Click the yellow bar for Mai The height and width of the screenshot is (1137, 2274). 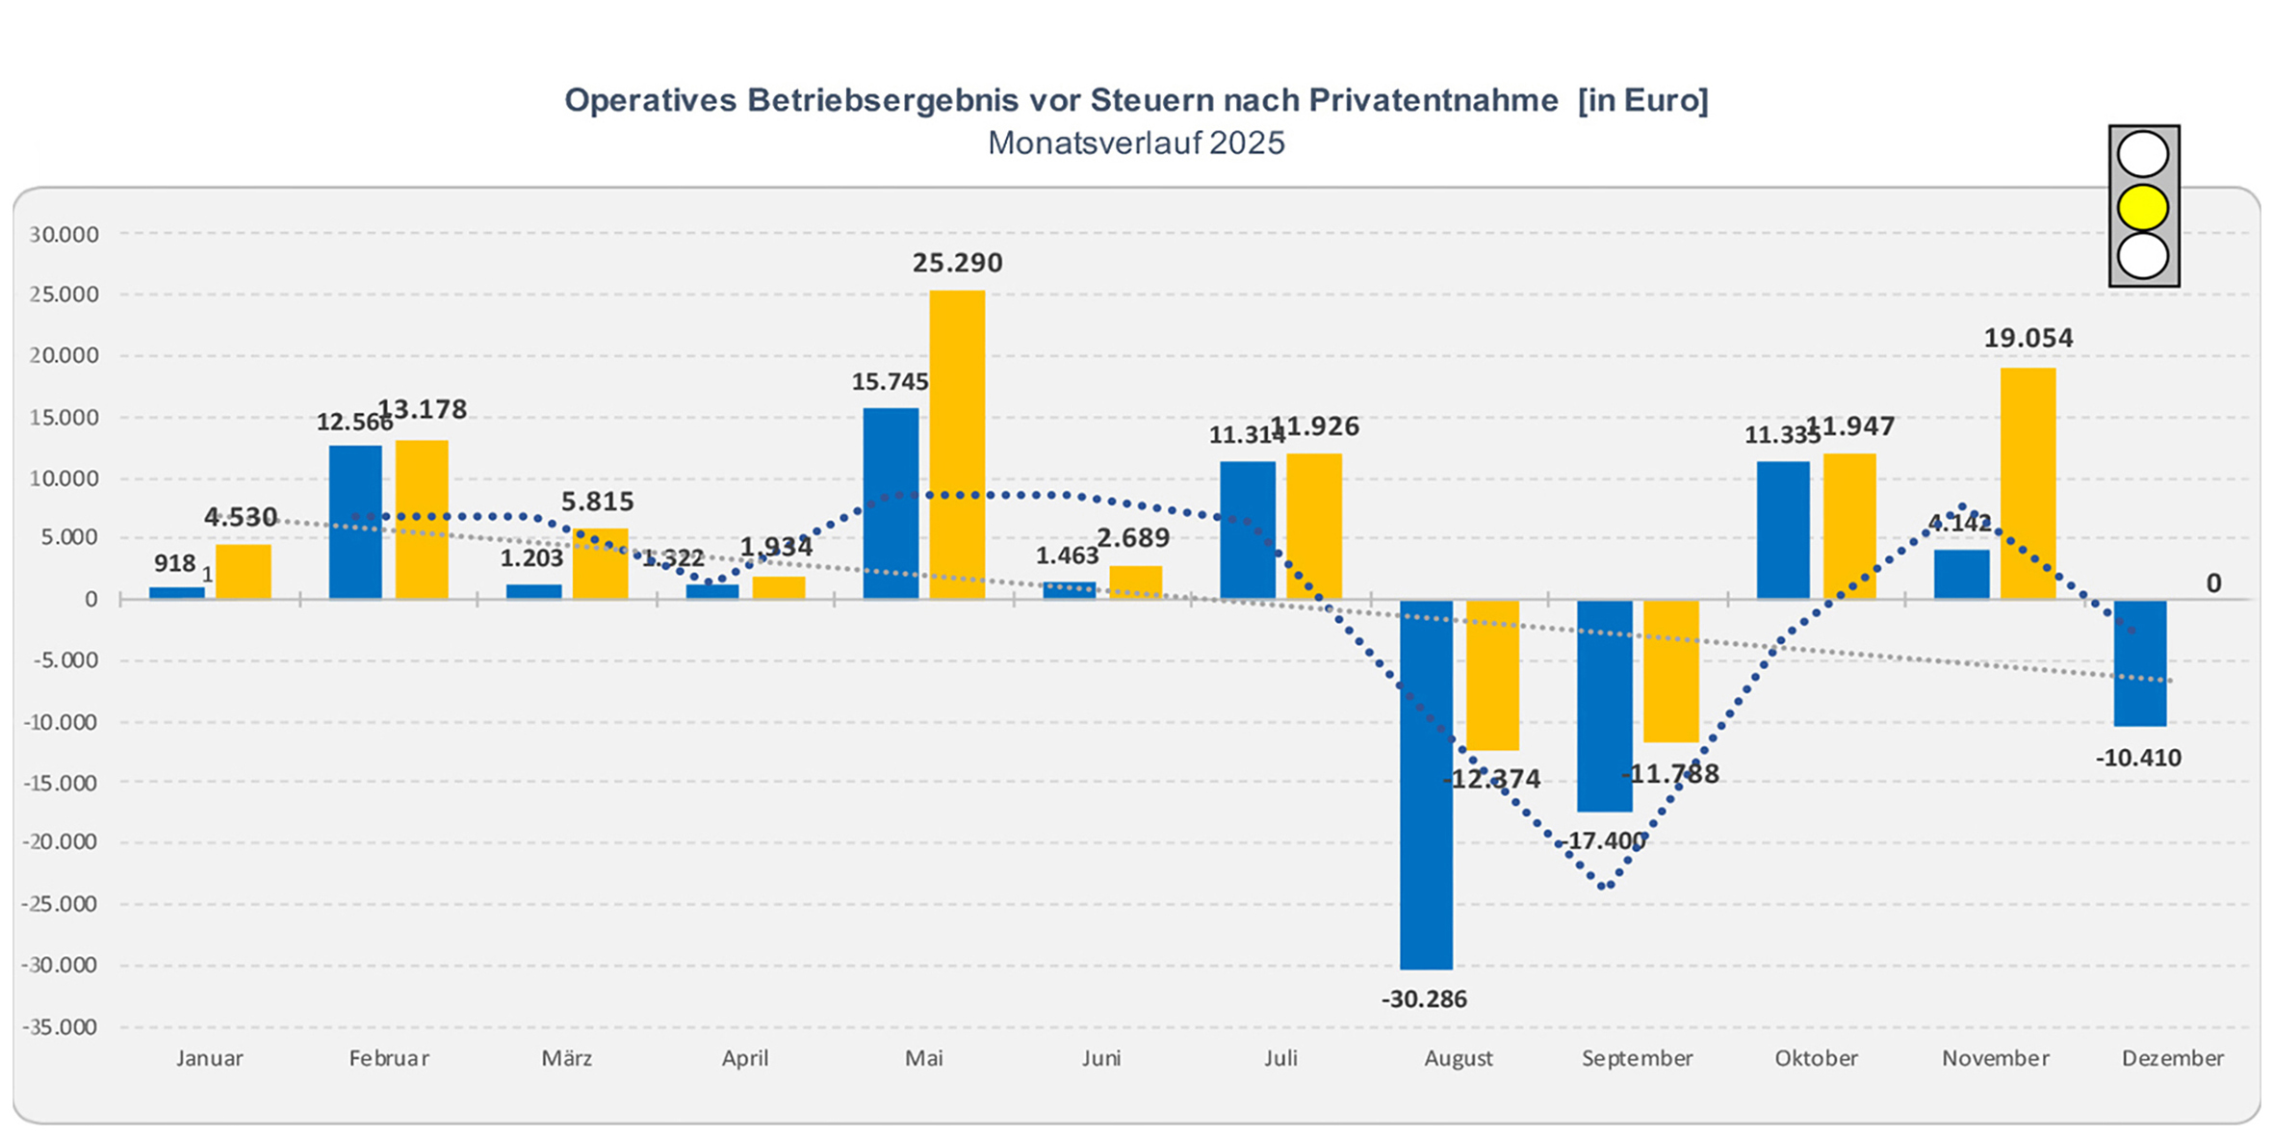(x=957, y=444)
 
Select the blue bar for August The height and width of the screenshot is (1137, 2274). (x=1426, y=784)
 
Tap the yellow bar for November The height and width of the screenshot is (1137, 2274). (x=2028, y=482)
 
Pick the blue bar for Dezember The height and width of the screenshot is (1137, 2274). (x=2139, y=662)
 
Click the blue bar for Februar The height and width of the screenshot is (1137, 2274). (x=355, y=521)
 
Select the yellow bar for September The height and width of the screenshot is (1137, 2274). (x=1670, y=671)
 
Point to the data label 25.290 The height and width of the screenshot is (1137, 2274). (x=957, y=263)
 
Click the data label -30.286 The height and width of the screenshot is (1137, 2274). (x=1424, y=999)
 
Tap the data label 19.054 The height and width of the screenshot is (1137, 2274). (x=2028, y=338)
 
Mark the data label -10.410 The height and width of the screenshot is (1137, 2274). (x=2138, y=758)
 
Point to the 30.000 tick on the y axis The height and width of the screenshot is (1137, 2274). (x=64, y=234)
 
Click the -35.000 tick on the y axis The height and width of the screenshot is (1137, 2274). (x=60, y=1027)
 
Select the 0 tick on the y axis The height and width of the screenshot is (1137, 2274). (x=91, y=599)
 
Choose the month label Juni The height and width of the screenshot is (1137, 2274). (x=1101, y=1058)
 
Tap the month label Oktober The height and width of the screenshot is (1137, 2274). (x=1816, y=1058)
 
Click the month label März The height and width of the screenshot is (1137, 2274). (x=566, y=1058)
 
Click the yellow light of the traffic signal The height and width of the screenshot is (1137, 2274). (x=2143, y=207)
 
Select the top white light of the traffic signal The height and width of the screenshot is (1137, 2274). (x=2143, y=154)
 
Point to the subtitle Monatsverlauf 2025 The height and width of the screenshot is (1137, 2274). (x=1136, y=143)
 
